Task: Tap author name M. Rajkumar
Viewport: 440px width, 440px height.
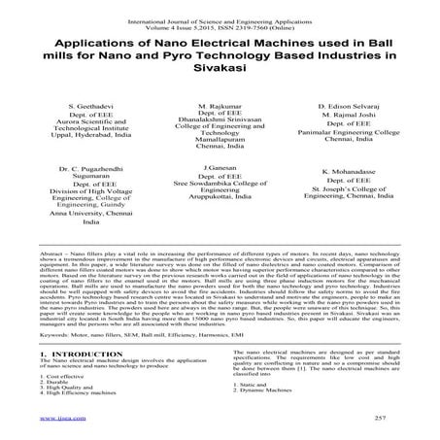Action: click(x=219, y=103)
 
